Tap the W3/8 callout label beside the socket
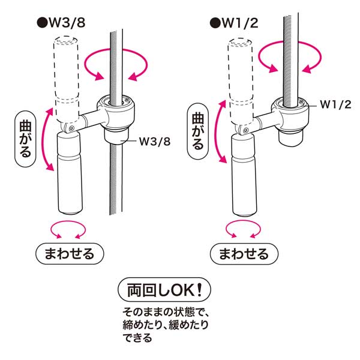(x=155, y=142)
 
